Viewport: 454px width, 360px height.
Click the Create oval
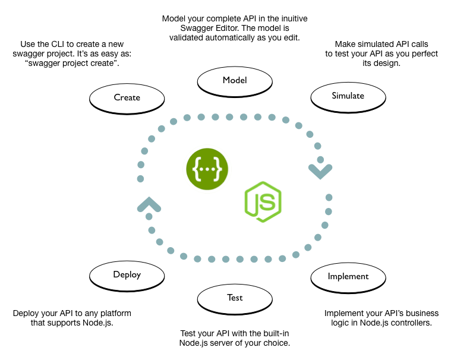coord(127,97)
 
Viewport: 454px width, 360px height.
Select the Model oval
coord(235,81)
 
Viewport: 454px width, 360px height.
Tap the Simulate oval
coord(348,95)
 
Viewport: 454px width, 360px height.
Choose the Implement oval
coord(348,276)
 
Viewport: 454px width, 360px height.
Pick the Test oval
coord(235,298)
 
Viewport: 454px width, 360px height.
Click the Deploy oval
coord(127,275)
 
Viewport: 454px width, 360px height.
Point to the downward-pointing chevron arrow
coord(319,172)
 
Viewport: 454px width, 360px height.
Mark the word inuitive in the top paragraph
coord(288,19)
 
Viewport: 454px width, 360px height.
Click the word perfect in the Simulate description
coord(415,53)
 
